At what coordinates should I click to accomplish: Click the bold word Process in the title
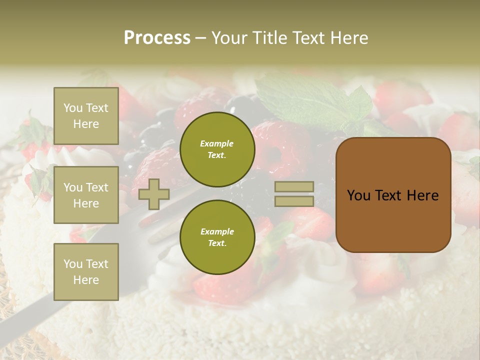click(x=157, y=38)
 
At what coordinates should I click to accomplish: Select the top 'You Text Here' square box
click(x=86, y=116)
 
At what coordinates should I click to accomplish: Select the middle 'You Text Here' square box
click(x=86, y=195)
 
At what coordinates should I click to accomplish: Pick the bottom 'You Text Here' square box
click(x=86, y=271)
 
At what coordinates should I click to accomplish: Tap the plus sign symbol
click(x=154, y=194)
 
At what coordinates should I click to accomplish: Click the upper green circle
click(x=217, y=149)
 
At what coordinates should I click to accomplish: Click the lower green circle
click(x=217, y=237)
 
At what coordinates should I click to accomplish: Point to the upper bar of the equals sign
click(x=294, y=186)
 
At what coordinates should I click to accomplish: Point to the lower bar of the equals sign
click(x=294, y=201)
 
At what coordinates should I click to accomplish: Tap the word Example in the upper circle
click(x=217, y=143)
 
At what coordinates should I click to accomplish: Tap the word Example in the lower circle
click(x=217, y=231)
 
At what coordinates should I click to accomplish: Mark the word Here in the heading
click(x=348, y=38)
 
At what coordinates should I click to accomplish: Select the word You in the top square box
click(x=72, y=108)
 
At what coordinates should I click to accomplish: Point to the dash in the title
click(x=200, y=38)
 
